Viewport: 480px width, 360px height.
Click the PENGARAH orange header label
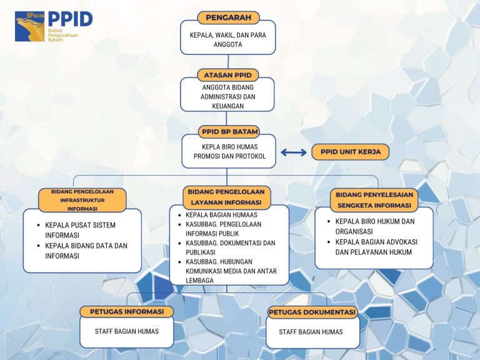[228, 17]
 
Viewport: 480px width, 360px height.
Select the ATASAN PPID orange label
[227, 75]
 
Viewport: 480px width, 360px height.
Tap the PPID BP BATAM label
[229, 132]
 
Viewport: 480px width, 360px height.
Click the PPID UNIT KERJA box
[351, 152]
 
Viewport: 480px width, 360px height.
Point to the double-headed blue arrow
[294, 152]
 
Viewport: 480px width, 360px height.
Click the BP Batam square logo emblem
[30, 26]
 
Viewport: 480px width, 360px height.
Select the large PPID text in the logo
[70, 19]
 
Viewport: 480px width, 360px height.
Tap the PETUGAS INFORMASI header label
[127, 312]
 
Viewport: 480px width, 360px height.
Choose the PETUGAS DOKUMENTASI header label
[312, 312]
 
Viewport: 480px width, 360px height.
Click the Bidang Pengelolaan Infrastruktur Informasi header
[82, 200]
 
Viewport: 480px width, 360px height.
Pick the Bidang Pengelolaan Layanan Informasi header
[226, 197]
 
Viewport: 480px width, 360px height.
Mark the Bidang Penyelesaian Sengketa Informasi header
[374, 200]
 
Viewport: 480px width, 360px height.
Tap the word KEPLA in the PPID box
[210, 147]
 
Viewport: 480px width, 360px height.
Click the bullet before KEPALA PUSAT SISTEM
[38, 225]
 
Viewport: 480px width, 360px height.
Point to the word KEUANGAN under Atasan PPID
[227, 106]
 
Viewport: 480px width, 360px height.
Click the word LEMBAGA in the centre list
[199, 281]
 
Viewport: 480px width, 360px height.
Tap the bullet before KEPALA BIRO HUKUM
[329, 221]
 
